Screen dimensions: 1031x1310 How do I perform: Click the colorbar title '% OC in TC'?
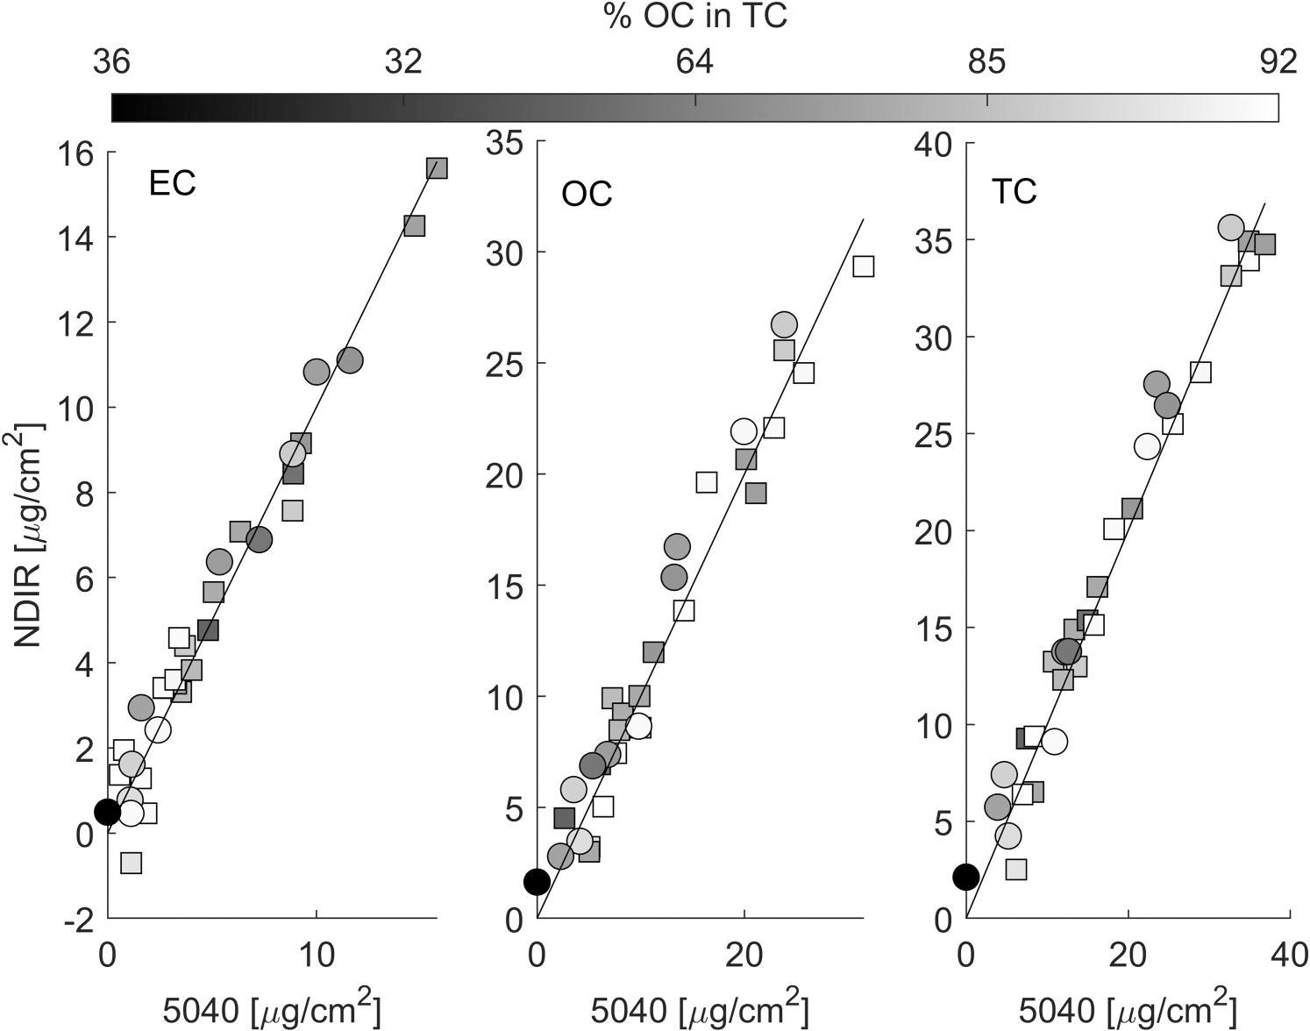click(695, 17)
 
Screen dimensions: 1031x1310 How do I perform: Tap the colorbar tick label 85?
click(987, 62)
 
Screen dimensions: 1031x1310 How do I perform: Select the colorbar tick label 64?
click(695, 62)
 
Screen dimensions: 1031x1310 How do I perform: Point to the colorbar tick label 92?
click(1277, 62)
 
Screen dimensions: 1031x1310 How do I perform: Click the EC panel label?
click(172, 184)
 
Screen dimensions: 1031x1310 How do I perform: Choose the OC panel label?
click(587, 194)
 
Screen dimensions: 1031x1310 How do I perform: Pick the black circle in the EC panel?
click(107, 812)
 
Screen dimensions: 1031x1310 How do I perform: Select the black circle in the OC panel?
click(537, 882)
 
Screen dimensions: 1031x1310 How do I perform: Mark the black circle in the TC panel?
click(965, 876)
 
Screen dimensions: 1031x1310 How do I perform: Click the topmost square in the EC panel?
click(437, 168)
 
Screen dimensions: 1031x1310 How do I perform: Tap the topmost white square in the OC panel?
click(863, 266)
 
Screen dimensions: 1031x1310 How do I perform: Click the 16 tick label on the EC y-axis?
click(75, 153)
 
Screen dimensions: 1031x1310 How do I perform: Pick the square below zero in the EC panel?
click(131, 863)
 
